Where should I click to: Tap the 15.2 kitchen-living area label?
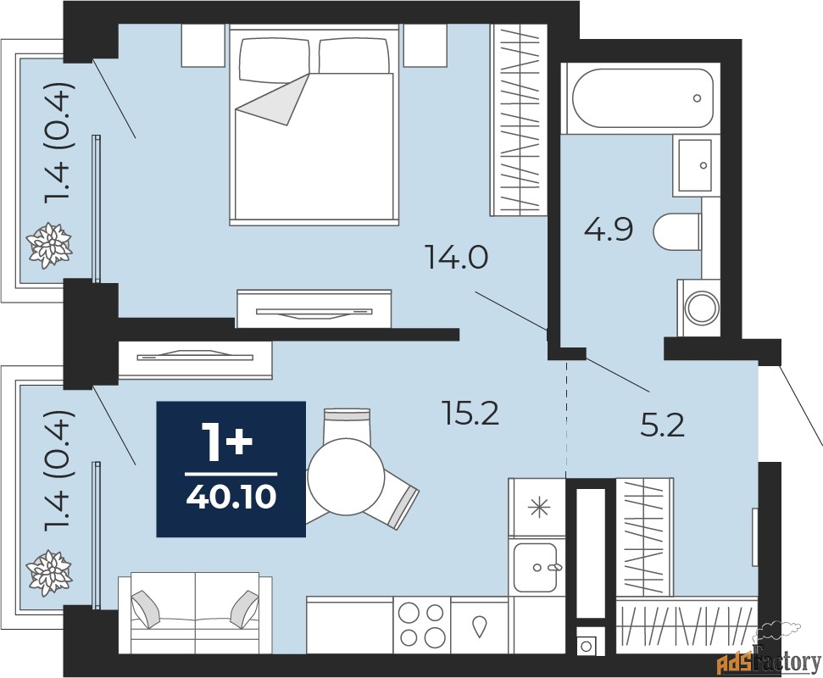pyautogui.click(x=470, y=413)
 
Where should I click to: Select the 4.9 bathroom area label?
pyautogui.click(x=609, y=230)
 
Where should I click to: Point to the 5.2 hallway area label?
pyautogui.click(x=663, y=425)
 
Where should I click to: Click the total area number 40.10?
pyautogui.click(x=231, y=497)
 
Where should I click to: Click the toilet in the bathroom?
pyautogui.click(x=677, y=231)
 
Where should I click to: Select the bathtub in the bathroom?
pyautogui.click(x=642, y=97)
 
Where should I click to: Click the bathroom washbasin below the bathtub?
pyautogui.click(x=696, y=165)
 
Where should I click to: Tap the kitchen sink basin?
pyautogui.click(x=535, y=567)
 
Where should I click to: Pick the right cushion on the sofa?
pyautogui.click(x=245, y=609)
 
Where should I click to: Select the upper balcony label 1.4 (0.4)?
pyautogui.click(x=57, y=142)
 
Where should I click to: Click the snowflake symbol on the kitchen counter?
pyautogui.click(x=538, y=508)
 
